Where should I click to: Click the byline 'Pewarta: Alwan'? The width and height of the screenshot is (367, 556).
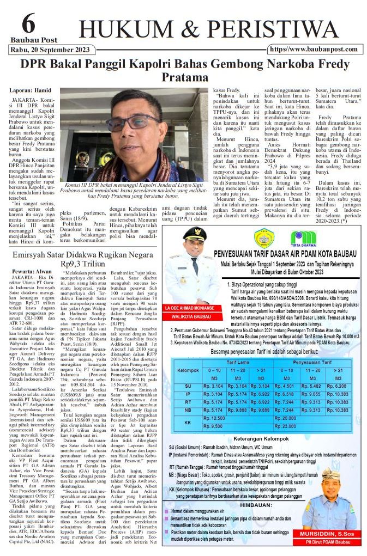coord(31,271)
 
